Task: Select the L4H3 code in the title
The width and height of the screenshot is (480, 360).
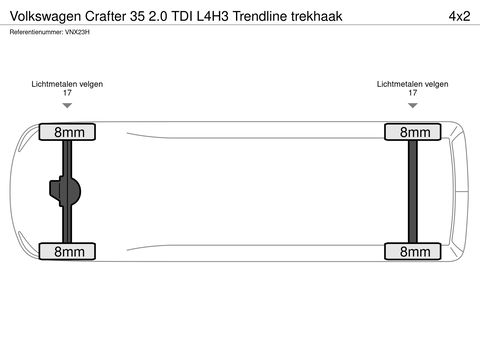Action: tap(210, 17)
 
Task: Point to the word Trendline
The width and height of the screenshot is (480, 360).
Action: tap(264, 17)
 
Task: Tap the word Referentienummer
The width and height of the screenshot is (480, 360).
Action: tap(35, 32)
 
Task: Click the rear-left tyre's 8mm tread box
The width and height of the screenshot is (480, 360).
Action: tap(68, 132)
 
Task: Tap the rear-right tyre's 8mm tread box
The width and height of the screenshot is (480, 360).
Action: tap(68, 252)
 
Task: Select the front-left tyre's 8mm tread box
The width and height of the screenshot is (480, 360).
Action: tap(412, 132)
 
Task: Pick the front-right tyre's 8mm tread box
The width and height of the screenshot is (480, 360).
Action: tap(412, 252)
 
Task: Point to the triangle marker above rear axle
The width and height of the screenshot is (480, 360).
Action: tap(67, 104)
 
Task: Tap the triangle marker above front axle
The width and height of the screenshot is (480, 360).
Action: tap(412, 104)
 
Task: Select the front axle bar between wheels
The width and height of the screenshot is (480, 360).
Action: tap(412, 192)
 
